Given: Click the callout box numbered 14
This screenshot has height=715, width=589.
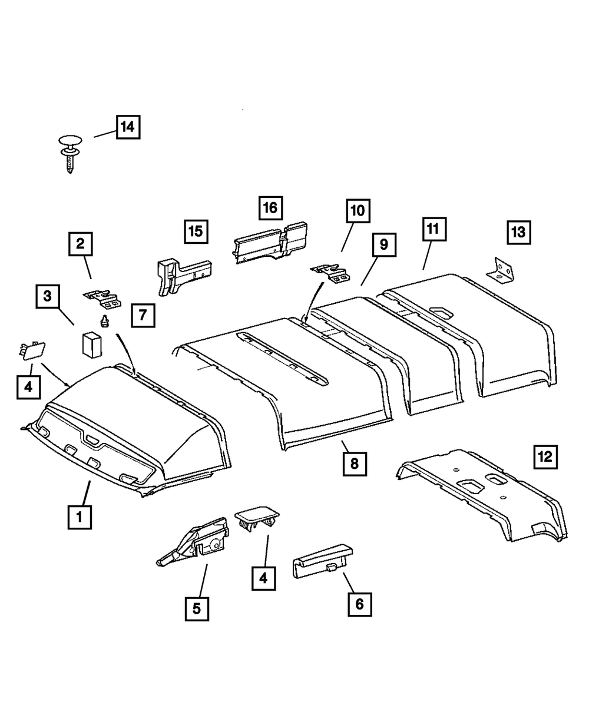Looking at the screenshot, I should tap(128, 126).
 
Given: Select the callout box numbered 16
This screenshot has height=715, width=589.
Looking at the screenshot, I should tap(270, 207).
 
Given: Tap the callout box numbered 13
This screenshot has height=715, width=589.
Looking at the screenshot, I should tap(518, 232).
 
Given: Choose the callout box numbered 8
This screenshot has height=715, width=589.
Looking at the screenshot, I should tap(355, 463).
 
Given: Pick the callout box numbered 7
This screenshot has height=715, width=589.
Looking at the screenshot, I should tap(143, 315).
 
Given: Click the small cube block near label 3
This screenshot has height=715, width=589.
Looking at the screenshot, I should tap(91, 345).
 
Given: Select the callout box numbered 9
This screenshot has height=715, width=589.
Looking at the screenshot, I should tap(384, 244).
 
